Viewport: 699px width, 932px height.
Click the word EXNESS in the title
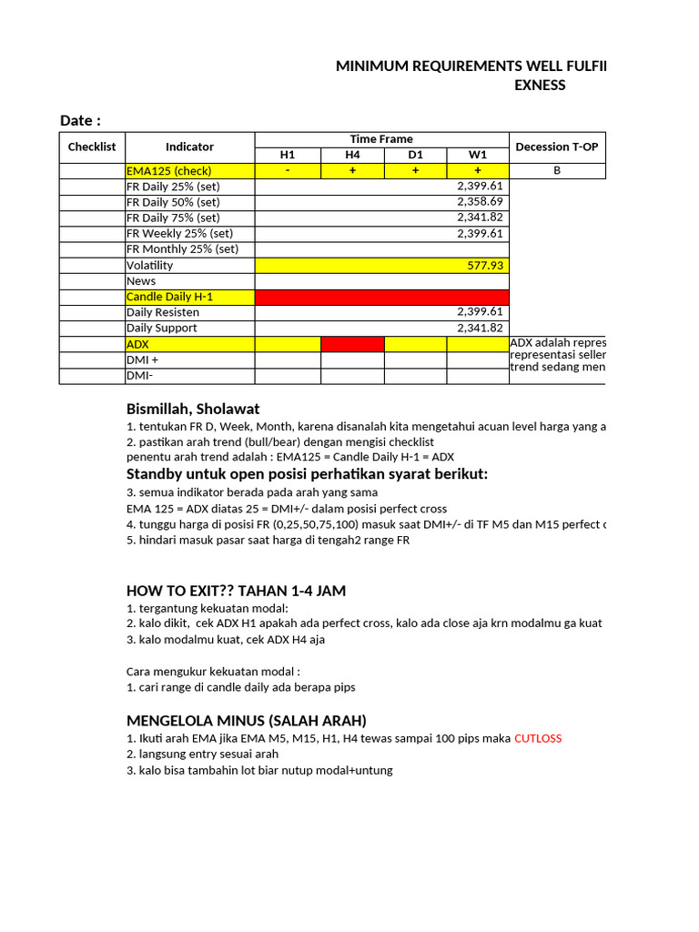pyautogui.click(x=540, y=86)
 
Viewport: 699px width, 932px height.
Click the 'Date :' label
pyautogui.click(x=80, y=121)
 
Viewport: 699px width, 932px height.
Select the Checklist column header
pyautogui.click(x=92, y=147)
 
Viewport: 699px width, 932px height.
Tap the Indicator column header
pyautogui.click(x=189, y=147)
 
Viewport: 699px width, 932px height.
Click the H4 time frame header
pyautogui.click(x=352, y=155)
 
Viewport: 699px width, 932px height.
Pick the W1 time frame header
pyautogui.click(x=478, y=155)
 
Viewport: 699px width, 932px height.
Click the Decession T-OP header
pyautogui.click(x=557, y=147)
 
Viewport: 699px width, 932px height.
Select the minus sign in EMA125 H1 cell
pyautogui.click(x=288, y=171)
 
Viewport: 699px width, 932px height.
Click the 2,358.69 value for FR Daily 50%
pyautogui.click(x=480, y=202)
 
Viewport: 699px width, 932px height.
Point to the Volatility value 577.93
pyautogui.click(x=484, y=265)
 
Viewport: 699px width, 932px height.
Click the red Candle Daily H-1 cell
pyautogui.click(x=382, y=297)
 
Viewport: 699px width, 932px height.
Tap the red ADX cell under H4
pyautogui.click(x=352, y=344)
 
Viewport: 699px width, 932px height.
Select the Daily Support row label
pyautogui.click(x=162, y=328)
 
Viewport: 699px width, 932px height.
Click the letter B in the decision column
pyautogui.click(x=557, y=171)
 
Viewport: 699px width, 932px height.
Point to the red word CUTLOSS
pyautogui.click(x=538, y=738)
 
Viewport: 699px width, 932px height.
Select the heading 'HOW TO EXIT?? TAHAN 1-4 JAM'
pyautogui.click(x=236, y=591)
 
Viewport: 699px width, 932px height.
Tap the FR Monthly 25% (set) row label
pyautogui.click(x=182, y=249)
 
